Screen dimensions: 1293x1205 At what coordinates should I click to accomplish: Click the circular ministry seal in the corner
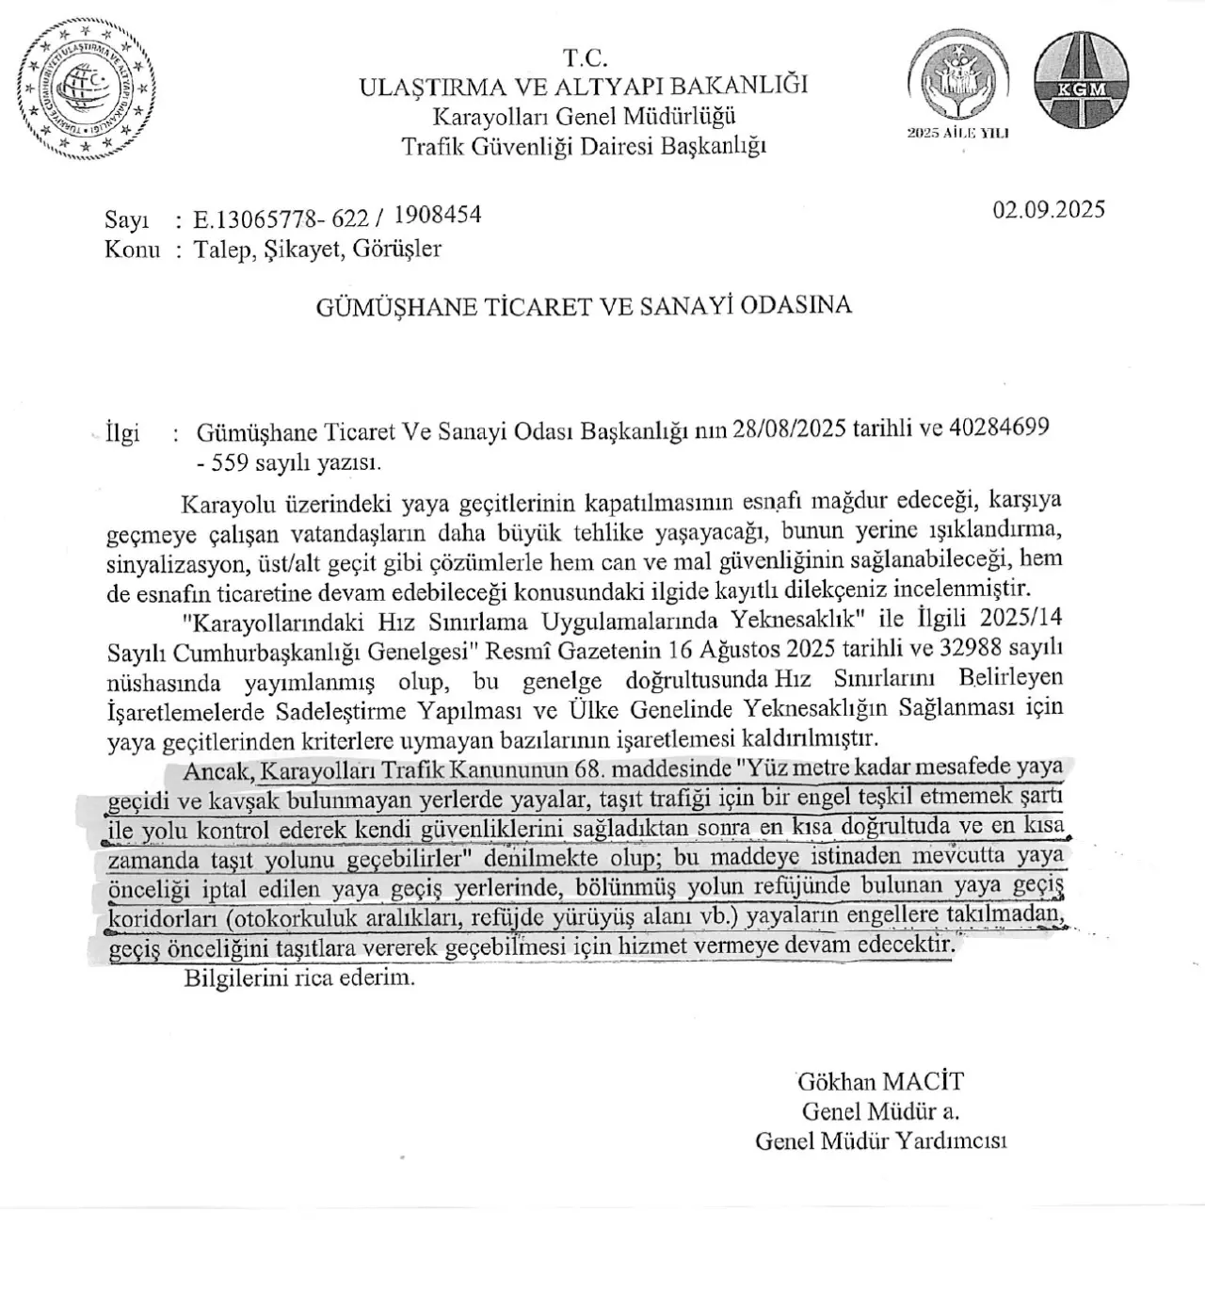(x=86, y=90)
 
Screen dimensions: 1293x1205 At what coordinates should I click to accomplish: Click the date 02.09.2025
(x=1049, y=209)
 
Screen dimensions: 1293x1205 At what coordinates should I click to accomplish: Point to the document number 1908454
(x=437, y=216)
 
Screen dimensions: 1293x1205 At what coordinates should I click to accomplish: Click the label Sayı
(x=127, y=220)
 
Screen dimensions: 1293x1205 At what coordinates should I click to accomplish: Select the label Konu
(x=132, y=251)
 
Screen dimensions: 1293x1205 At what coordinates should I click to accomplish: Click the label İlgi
(x=123, y=433)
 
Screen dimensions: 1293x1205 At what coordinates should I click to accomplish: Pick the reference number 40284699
(x=999, y=428)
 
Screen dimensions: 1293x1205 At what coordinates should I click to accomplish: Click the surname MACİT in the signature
(x=928, y=1082)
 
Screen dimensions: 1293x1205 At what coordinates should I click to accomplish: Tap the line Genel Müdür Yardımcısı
(x=880, y=1141)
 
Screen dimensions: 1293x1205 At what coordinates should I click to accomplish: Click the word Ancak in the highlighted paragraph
(x=218, y=771)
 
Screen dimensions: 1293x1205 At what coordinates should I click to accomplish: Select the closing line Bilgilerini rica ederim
(x=299, y=978)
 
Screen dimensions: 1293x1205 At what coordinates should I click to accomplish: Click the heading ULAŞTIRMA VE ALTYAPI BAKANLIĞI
(x=584, y=87)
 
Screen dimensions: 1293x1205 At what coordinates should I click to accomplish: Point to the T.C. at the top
(x=585, y=57)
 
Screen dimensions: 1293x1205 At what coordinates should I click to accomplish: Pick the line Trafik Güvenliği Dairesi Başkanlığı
(x=584, y=147)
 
